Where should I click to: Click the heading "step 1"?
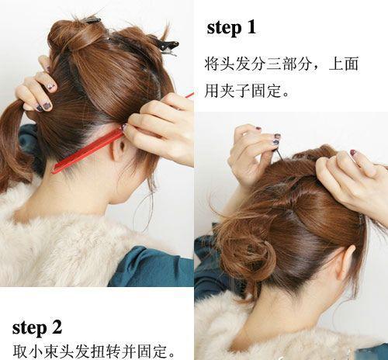(x=231, y=27)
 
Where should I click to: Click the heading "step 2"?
(x=37, y=327)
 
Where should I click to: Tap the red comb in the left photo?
(x=88, y=150)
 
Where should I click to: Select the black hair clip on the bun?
(x=165, y=47)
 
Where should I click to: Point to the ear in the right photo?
(x=345, y=262)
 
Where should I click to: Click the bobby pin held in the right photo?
(x=279, y=154)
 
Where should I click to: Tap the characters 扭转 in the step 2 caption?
(x=106, y=351)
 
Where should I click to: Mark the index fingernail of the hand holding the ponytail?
(x=47, y=106)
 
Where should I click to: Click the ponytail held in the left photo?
(x=13, y=145)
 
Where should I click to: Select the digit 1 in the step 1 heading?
(x=251, y=27)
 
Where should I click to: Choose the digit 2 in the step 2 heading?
(x=57, y=327)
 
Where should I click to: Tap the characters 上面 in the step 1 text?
(x=344, y=64)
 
